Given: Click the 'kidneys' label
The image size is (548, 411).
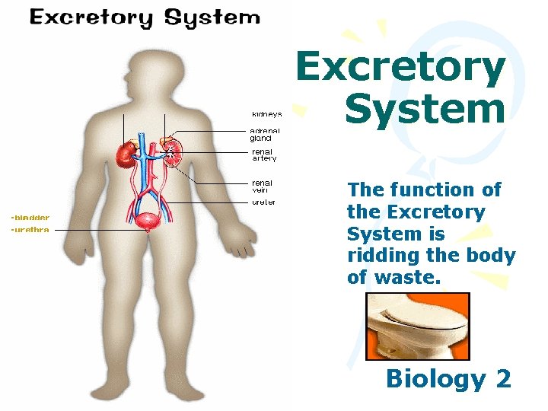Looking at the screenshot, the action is point(266,115).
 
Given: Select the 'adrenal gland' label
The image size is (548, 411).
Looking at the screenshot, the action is point(265,135).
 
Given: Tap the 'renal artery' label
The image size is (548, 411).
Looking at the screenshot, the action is point(264,155).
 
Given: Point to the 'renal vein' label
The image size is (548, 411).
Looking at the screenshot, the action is point(262,186).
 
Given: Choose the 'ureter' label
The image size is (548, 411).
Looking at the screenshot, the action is point(263,202).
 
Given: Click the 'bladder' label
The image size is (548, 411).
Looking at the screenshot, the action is point(30,218).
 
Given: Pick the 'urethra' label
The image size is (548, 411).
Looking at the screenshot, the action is point(30,230).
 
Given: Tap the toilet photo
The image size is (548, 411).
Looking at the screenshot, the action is point(416,326).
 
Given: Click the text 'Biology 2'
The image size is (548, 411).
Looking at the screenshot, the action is point(448,378).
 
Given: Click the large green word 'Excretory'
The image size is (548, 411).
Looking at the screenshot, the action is point(400,68).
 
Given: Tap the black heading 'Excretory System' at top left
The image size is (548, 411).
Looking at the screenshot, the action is point(144,18).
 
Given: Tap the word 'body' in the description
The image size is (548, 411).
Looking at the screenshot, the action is point(493,256).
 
